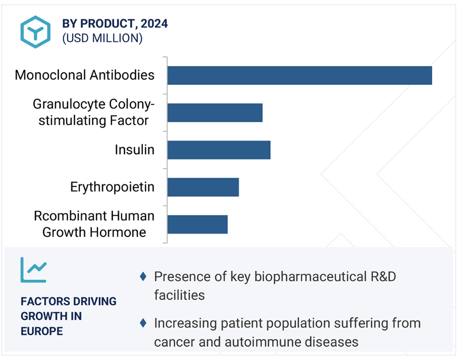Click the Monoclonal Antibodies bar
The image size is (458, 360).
300,76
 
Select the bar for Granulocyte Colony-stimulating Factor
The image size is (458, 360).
215,113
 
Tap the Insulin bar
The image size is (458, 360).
219,150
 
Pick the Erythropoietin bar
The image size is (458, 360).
204,187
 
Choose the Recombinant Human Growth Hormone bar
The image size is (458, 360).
197,224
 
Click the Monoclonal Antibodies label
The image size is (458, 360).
85,75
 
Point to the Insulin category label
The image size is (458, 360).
135,150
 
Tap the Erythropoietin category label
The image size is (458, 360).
113,187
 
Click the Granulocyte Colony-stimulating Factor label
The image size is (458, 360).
93,112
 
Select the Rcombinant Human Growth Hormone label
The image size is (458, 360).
94,224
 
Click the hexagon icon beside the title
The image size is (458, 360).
35,32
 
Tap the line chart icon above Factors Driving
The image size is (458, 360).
33,270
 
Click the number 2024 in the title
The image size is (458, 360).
154,24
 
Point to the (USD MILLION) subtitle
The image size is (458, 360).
102,39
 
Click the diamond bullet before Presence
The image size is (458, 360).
143,276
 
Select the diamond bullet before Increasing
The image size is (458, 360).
143,323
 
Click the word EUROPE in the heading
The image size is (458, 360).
42,331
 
